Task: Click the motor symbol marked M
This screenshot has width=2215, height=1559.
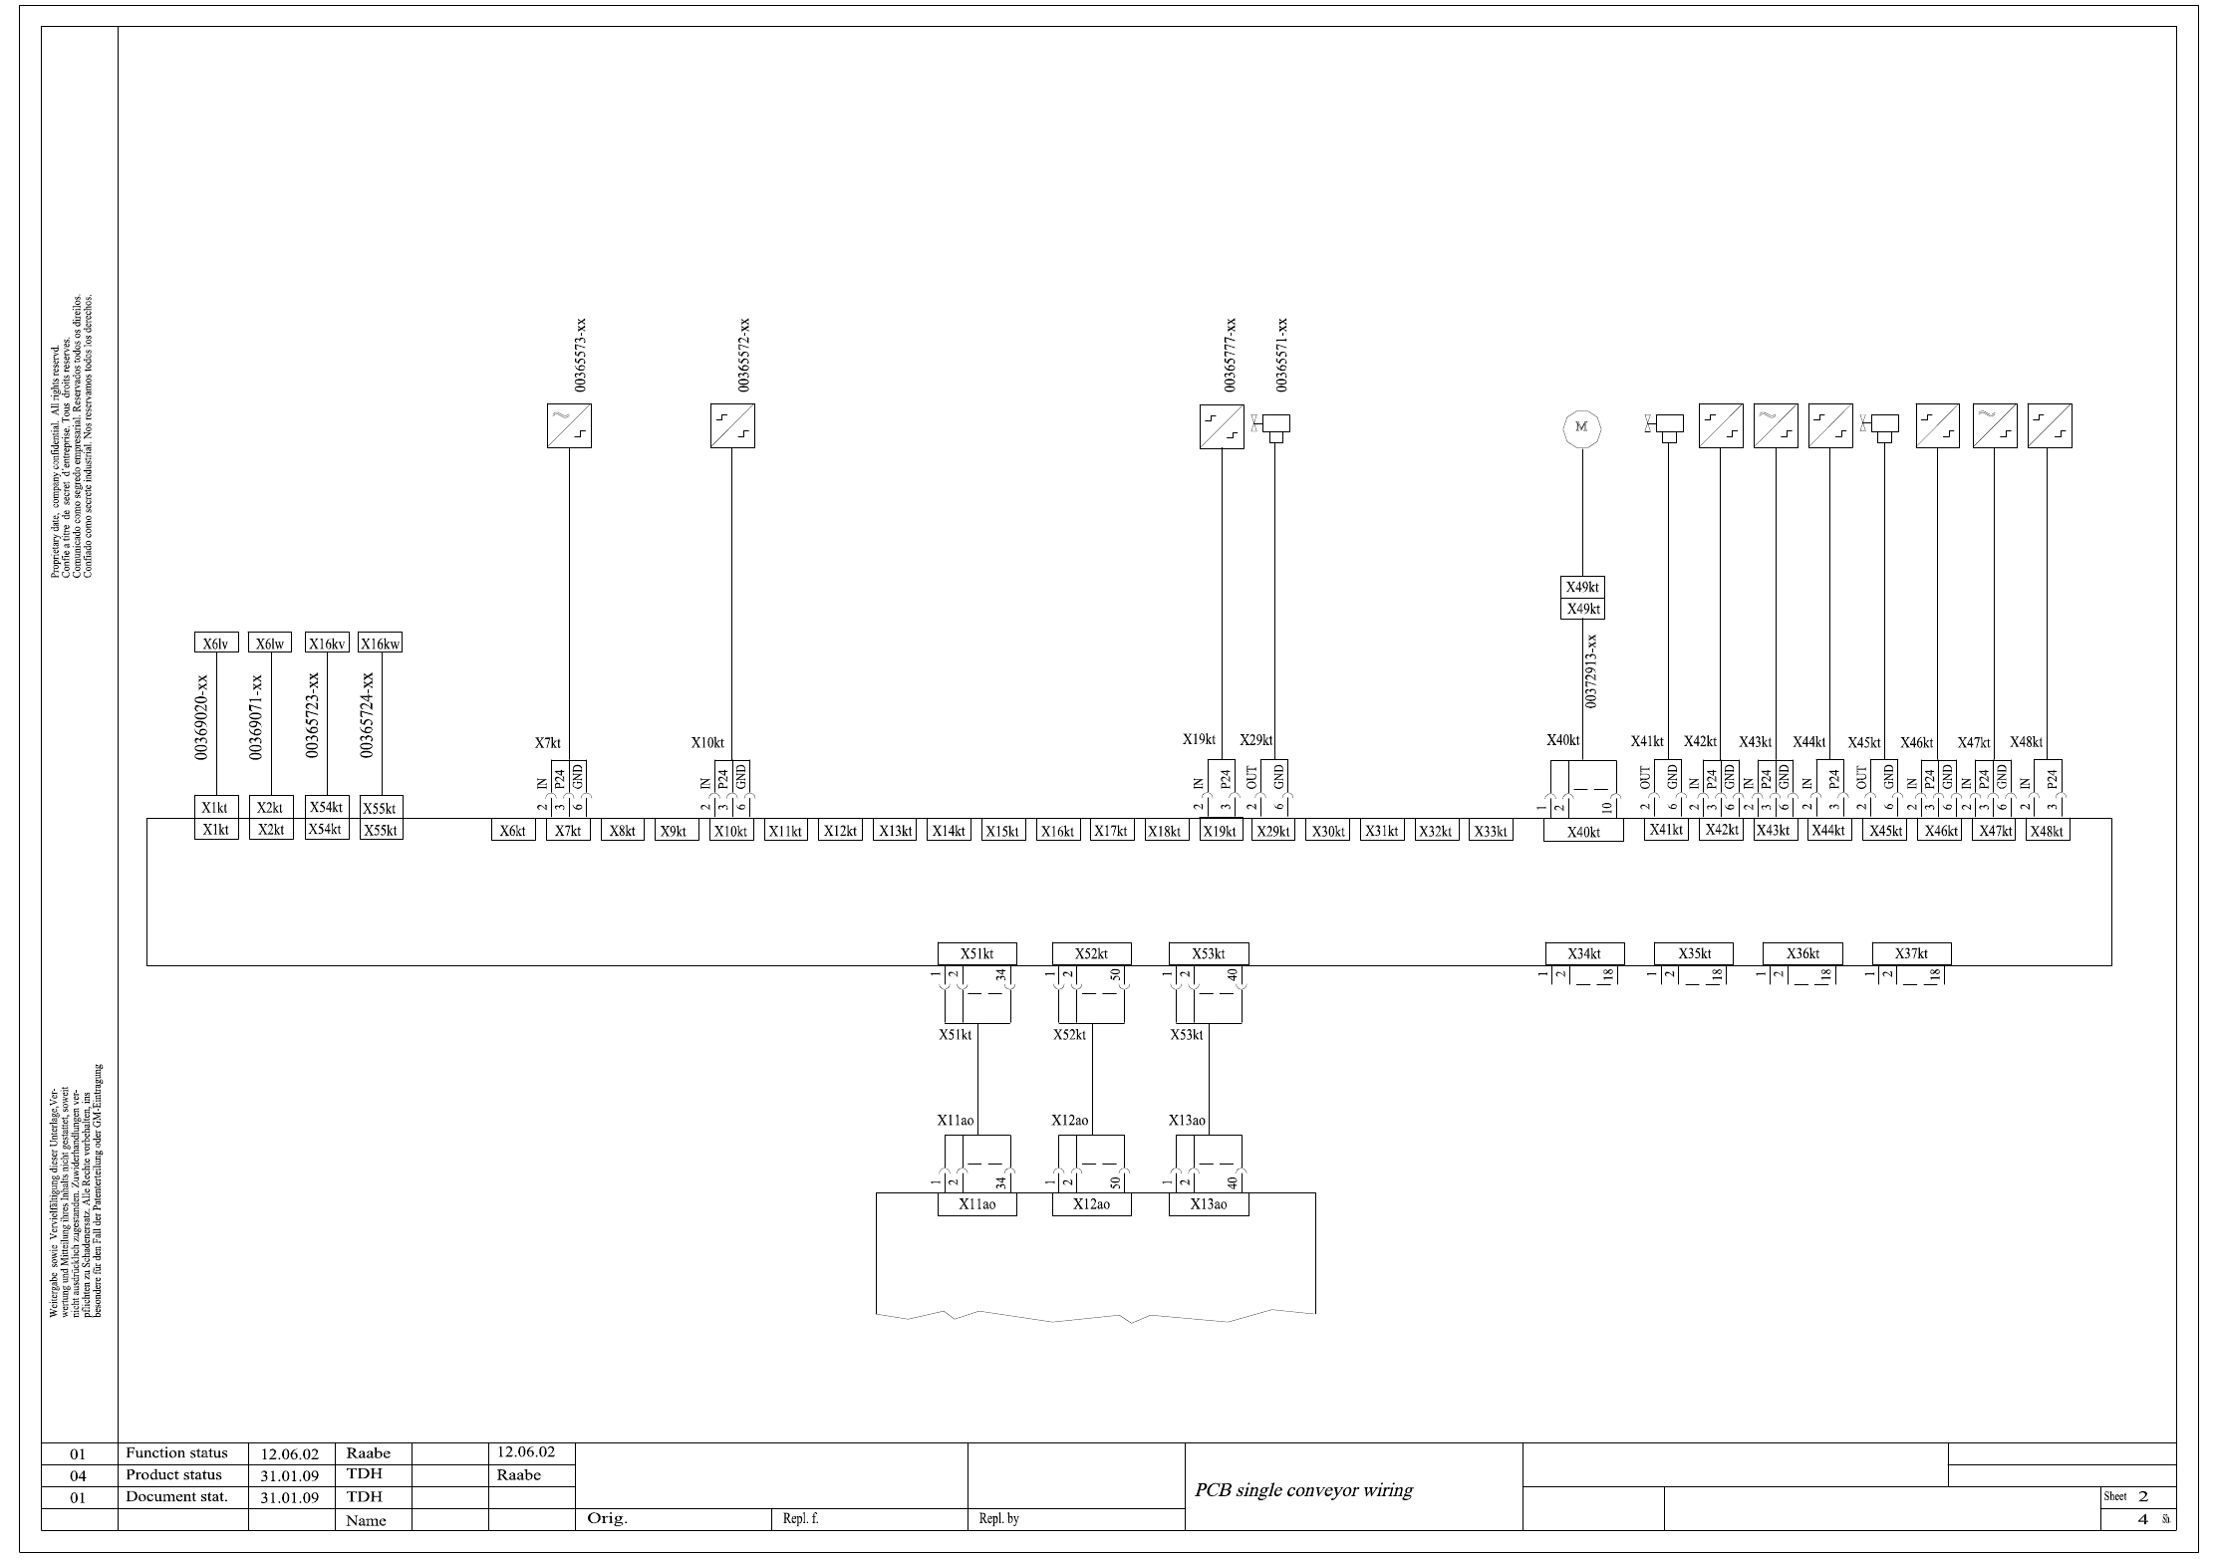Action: (1580, 428)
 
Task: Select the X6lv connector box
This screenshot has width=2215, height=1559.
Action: (215, 644)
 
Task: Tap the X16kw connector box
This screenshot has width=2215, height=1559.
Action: (380, 644)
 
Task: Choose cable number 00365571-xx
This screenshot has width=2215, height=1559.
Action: (1282, 355)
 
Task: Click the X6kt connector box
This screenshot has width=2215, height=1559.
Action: (513, 831)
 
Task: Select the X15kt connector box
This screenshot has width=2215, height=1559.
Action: (1002, 831)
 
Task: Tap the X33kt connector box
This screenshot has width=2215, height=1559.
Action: (1491, 831)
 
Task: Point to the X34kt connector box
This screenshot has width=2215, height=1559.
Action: (1584, 953)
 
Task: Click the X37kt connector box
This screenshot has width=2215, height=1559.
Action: (1911, 953)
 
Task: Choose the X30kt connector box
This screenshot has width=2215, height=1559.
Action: (1328, 831)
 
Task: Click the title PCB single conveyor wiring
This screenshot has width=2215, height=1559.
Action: (1303, 1490)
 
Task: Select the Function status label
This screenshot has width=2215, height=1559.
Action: (176, 1452)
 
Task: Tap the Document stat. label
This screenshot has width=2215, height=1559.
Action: (176, 1496)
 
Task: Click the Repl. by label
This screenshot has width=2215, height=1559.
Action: (998, 1519)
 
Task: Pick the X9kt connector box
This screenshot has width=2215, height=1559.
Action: (676, 831)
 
